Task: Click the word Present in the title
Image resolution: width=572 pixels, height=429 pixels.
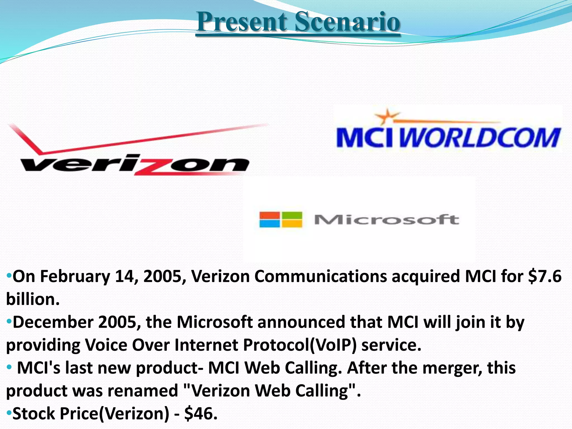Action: pos(242,22)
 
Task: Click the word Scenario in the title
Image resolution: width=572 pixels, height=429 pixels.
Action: pos(347,22)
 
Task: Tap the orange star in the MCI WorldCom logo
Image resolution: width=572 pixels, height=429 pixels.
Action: pos(386,116)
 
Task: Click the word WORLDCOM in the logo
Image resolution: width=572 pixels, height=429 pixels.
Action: pos(480,137)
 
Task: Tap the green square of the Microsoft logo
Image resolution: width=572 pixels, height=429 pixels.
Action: pos(292,216)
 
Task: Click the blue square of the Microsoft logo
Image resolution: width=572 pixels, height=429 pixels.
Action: pos(269,224)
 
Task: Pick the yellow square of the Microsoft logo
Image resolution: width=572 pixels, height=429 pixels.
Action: pos(292,224)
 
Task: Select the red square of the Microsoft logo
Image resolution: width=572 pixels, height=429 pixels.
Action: pos(269,216)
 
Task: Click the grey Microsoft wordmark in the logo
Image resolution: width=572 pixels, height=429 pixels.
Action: pos(387,220)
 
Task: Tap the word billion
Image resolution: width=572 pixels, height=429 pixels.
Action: pos(33,299)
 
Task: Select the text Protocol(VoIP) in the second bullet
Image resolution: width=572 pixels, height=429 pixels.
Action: pos(300,345)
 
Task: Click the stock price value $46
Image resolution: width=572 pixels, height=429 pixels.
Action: pos(201,414)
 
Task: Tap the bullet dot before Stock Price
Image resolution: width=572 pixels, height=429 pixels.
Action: pos(9,412)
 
